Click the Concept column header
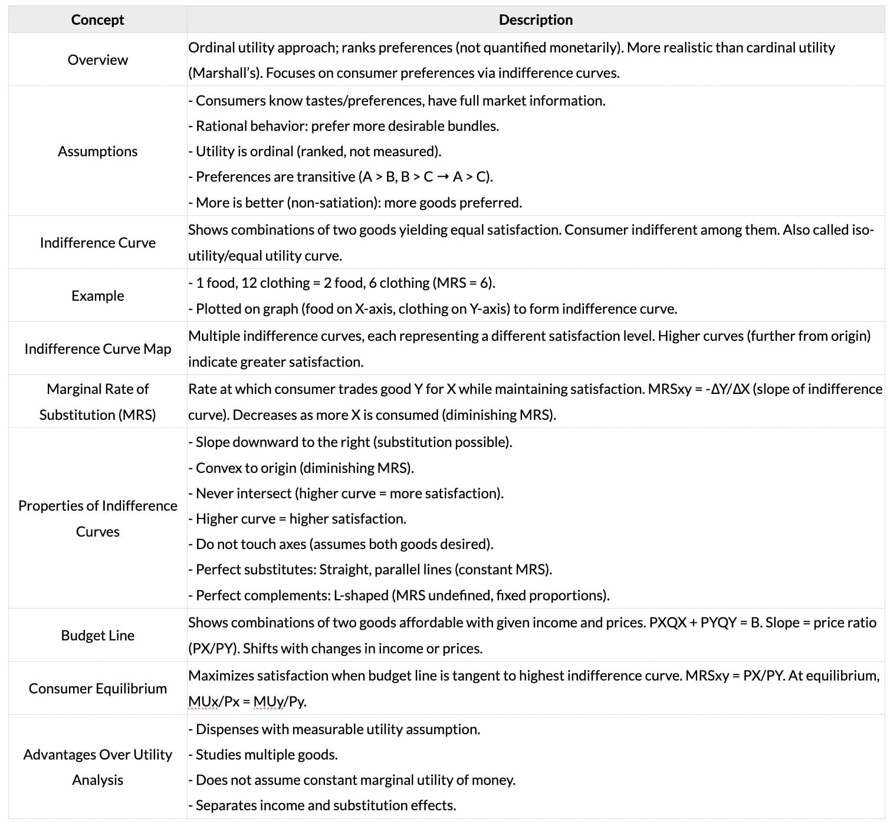click(97, 19)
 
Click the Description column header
click(536, 19)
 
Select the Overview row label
click(97, 60)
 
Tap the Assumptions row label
click(97, 152)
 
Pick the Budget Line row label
click(97, 635)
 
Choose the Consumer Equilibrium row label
click(97, 688)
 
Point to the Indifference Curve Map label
click(97, 349)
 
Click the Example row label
click(97, 295)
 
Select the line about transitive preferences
click(340, 177)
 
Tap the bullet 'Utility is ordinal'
click(315, 152)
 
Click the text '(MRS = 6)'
click(464, 283)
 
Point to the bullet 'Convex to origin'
click(301, 468)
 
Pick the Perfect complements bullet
click(399, 595)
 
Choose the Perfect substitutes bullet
click(370, 570)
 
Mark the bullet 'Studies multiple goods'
click(263, 755)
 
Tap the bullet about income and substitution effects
click(322, 806)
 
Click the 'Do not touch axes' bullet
click(341, 544)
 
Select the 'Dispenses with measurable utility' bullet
click(334, 729)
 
